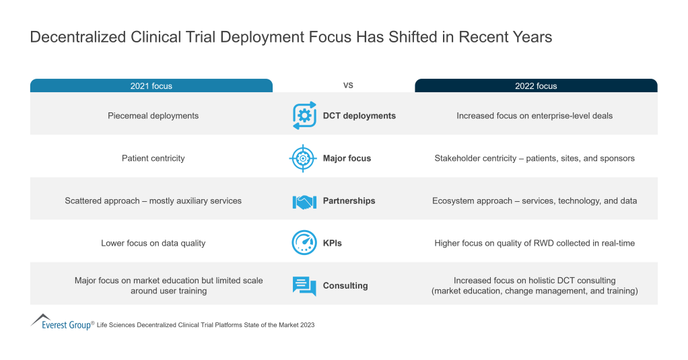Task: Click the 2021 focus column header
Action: click(x=151, y=85)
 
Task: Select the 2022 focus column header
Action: click(x=536, y=85)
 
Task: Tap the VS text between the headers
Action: click(x=349, y=85)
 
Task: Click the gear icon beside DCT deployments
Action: click(x=304, y=116)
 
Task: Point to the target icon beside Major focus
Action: click(x=303, y=158)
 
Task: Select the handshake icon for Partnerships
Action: click(x=304, y=201)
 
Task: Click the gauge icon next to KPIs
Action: click(x=304, y=243)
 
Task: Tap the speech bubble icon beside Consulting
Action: click(x=304, y=286)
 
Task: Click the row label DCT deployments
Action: click(x=359, y=116)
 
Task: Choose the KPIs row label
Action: click(x=333, y=243)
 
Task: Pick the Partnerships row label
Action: click(x=349, y=201)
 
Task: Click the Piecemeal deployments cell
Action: click(x=153, y=116)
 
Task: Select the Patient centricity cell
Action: click(x=153, y=158)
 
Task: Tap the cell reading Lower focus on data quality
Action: click(x=153, y=243)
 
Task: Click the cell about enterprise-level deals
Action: click(x=535, y=116)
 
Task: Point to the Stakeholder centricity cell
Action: click(x=535, y=158)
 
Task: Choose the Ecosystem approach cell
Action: click(x=535, y=201)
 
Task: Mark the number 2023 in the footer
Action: click(x=306, y=325)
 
